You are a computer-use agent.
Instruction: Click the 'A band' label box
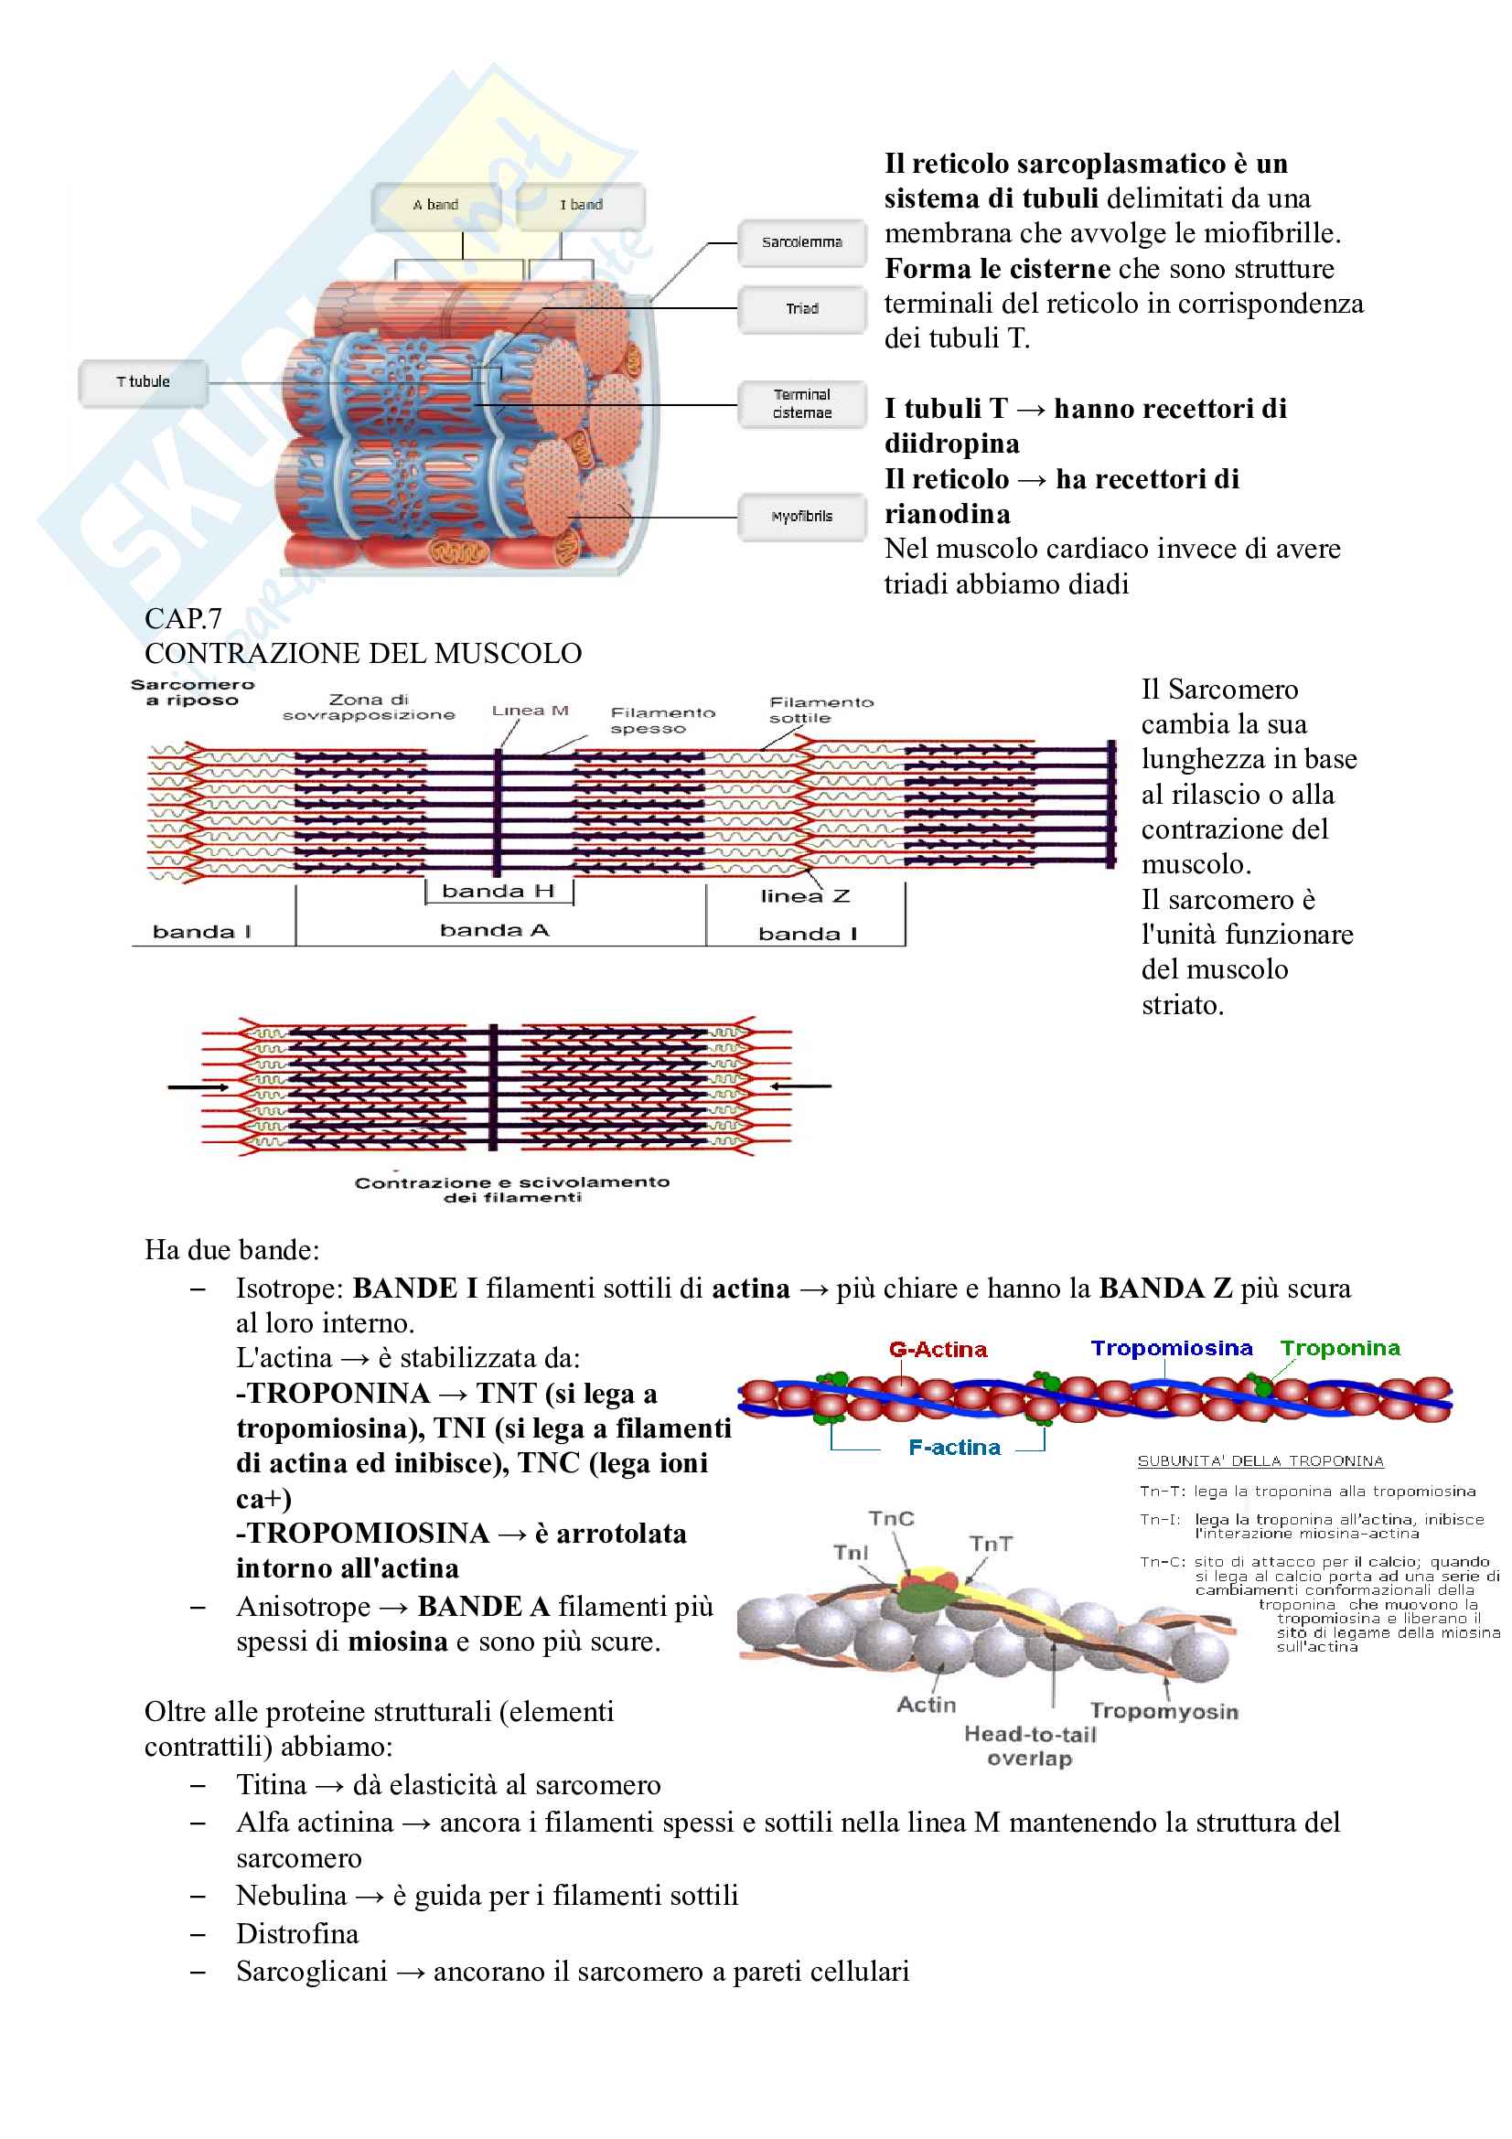pyautogui.click(x=436, y=206)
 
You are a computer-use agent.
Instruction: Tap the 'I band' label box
pyautogui.click(x=581, y=206)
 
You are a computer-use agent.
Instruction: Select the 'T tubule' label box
pyautogui.click(x=143, y=383)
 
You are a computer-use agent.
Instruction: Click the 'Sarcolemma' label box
pyautogui.click(x=801, y=243)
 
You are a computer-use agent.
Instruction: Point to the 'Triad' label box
pyautogui.click(x=801, y=309)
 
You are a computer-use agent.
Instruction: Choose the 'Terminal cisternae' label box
pyautogui.click(x=801, y=404)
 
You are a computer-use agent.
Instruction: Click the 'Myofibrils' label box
pyautogui.click(x=801, y=517)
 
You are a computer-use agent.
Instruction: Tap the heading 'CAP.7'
pyautogui.click(x=183, y=618)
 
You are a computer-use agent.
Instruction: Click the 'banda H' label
pyautogui.click(x=498, y=892)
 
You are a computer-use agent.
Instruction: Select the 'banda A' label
pyautogui.click(x=494, y=931)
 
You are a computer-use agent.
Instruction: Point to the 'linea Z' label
pyautogui.click(x=805, y=897)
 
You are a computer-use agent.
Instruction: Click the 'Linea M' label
pyautogui.click(x=531, y=711)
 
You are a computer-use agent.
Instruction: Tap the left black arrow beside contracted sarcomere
pyautogui.click(x=198, y=1087)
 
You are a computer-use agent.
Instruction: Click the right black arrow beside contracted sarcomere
pyautogui.click(x=800, y=1086)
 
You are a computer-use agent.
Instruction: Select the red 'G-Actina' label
pyautogui.click(x=938, y=1350)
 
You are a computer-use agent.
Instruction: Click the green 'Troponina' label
pyautogui.click(x=1340, y=1349)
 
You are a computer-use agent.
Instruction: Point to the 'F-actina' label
pyautogui.click(x=954, y=1448)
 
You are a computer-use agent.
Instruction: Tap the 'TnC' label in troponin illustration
pyautogui.click(x=891, y=1520)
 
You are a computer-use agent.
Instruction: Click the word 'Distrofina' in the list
pyautogui.click(x=297, y=1934)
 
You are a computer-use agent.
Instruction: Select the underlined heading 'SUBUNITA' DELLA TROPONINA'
pyautogui.click(x=1260, y=1461)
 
